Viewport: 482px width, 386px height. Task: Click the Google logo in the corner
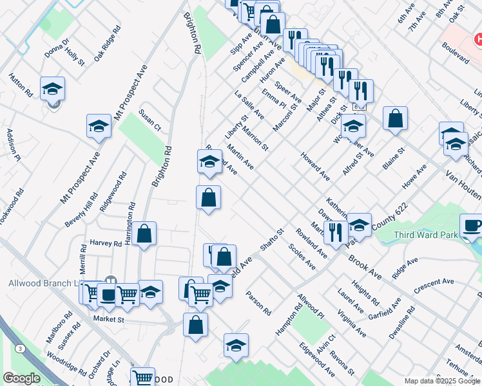pos(21,378)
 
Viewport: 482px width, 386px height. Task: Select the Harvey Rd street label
pos(106,244)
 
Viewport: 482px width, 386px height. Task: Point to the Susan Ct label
pos(149,120)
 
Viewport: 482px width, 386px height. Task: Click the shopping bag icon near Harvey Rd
pos(145,234)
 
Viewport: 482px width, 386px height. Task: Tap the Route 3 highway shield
pos(21,348)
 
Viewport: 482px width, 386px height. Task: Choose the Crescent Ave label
pos(434,286)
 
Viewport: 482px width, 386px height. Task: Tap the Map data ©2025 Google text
pos(442,381)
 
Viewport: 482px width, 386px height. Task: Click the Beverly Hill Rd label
pos(81,210)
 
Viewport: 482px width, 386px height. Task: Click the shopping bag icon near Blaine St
pos(395,118)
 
